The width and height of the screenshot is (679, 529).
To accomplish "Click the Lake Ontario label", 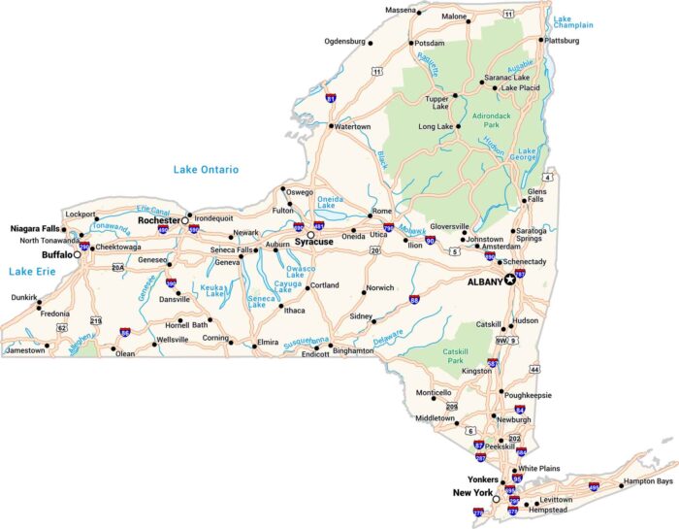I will click(206, 169).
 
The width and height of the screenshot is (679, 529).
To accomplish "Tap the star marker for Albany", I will click(511, 281).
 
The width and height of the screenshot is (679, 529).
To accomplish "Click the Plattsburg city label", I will click(563, 41).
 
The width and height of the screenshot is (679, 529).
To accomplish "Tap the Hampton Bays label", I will click(648, 480).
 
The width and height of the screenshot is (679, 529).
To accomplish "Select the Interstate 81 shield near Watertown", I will click(331, 99).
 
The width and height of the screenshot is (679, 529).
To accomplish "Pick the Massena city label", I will click(400, 9).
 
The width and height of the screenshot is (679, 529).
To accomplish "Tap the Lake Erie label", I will click(27, 272).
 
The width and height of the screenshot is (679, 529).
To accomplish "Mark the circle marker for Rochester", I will click(185, 220).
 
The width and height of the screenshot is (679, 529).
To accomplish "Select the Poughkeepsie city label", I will click(529, 395).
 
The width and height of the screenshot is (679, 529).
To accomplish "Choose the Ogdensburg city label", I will click(344, 42).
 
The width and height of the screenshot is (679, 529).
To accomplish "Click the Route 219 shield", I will click(96, 319).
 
